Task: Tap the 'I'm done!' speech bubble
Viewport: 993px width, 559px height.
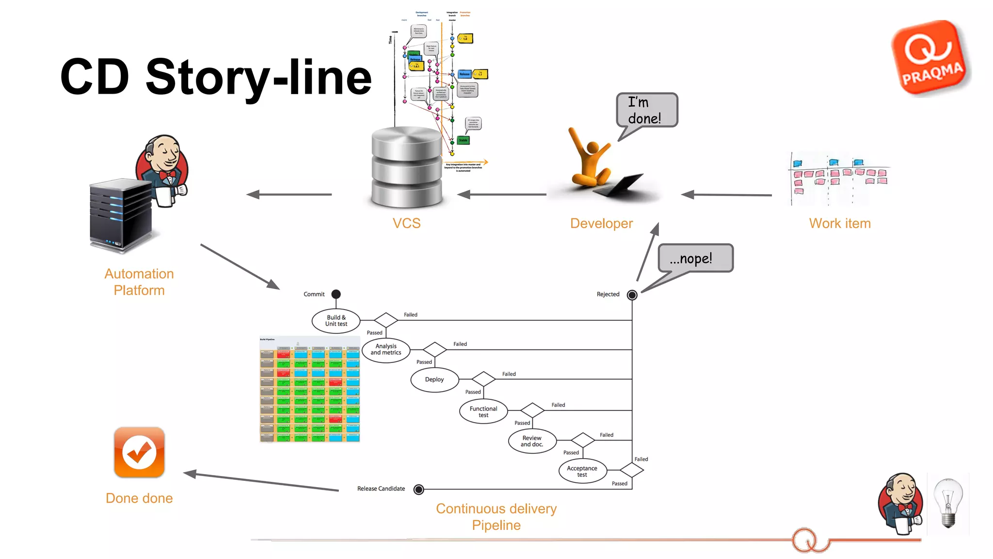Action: (x=647, y=110)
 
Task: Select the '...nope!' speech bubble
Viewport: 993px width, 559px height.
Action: (x=695, y=258)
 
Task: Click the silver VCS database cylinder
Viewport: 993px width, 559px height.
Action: (x=406, y=167)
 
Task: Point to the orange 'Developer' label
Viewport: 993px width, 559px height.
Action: (x=601, y=223)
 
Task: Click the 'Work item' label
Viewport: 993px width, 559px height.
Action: (x=840, y=223)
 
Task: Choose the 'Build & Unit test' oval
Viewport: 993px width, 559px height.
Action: (x=336, y=321)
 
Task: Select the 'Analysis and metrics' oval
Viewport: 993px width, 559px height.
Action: (x=386, y=349)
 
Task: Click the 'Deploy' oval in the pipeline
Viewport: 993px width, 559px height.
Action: (x=434, y=379)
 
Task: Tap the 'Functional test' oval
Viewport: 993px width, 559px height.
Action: (x=483, y=411)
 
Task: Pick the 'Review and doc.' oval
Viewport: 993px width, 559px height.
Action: (x=532, y=441)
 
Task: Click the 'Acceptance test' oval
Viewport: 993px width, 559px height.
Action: (x=582, y=471)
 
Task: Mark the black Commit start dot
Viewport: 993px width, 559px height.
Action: (x=336, y=294)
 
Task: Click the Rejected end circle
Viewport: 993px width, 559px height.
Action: (x=632, y=295)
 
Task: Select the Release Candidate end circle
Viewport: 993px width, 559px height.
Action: (x=418, y=490)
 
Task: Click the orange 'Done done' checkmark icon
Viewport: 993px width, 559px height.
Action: (x=139, y=452)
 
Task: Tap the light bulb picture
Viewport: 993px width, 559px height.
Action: (x=948, y=503)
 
